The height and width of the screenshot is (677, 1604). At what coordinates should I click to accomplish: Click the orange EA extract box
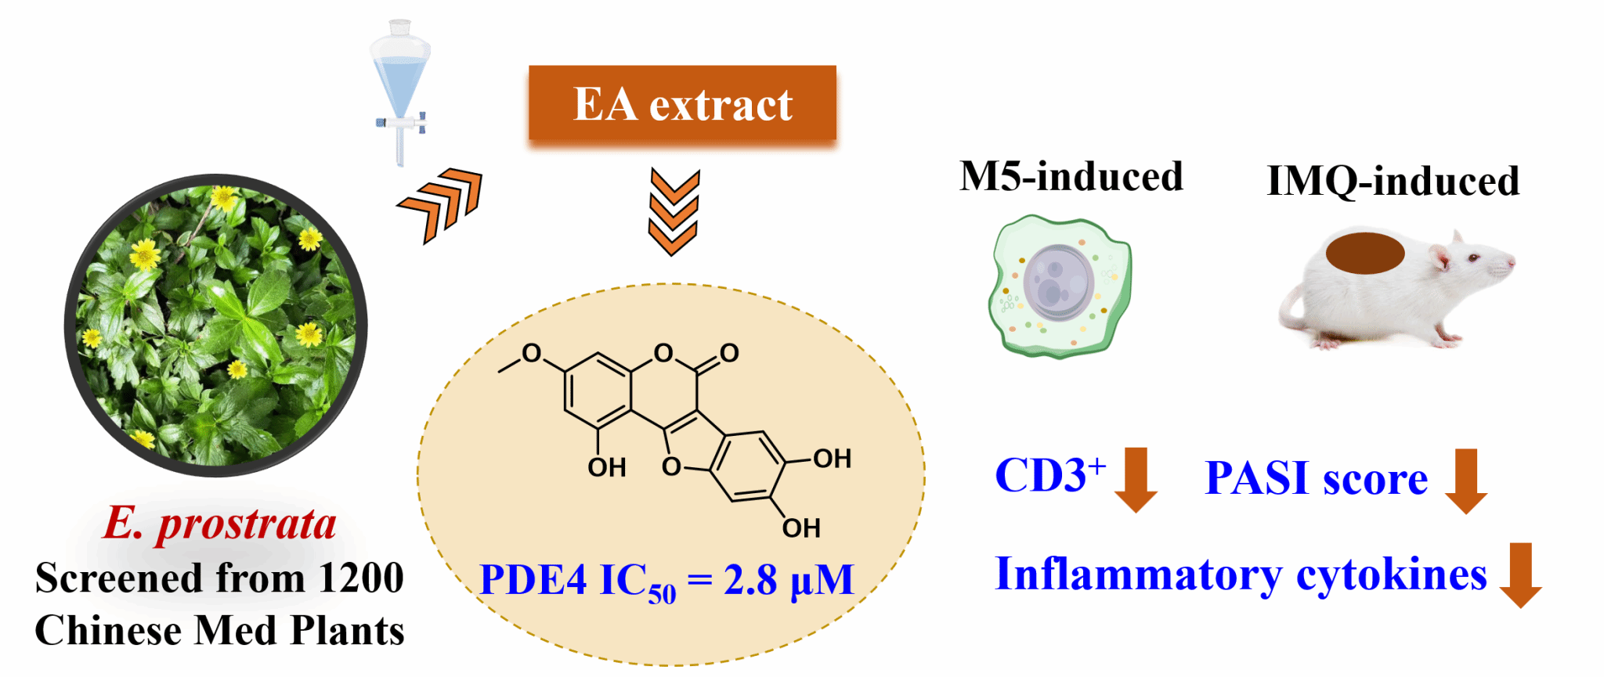click(682, 103)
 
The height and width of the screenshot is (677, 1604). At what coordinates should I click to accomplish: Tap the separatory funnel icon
click(400, 90)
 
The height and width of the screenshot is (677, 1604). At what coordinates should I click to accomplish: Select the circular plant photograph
click(215, 325)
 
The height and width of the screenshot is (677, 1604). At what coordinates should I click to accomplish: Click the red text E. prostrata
click(220, 523)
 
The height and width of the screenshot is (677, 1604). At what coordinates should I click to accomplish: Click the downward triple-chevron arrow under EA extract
click(674, 213)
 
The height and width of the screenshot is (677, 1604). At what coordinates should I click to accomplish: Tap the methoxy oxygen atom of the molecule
click(532, 354)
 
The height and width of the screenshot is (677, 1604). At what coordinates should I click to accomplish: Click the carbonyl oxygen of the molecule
click(729, 353)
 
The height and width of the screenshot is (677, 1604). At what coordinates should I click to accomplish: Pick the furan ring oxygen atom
click(671, 467)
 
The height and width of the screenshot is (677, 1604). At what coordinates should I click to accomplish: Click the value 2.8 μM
click(788, 581)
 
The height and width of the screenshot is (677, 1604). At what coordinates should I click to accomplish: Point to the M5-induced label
click(1071, 177)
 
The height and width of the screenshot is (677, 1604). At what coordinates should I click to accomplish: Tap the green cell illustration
click(1060, 286)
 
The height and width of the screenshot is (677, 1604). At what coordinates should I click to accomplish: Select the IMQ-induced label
click(1393, 181)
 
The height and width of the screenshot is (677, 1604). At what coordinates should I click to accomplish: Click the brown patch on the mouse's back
click(1365, 253)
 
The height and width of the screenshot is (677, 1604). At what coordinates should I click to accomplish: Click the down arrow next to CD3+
click(1136, 479)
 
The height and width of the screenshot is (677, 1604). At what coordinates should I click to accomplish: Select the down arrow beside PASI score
click(1465, 481)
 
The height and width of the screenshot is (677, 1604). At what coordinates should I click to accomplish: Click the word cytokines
click(1391, 575)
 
